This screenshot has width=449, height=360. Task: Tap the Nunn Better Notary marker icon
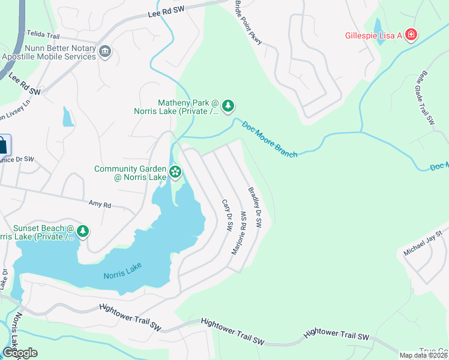(x=106, y=52)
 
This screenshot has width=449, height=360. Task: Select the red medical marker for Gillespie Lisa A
(x=411, y=35)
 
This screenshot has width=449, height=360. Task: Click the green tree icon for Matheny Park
(x=228, y=107)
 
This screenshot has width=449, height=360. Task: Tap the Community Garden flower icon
(x=175, y=173)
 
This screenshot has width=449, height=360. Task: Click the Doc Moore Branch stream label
(x=270, y=139)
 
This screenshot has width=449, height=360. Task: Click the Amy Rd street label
(x=100, y=205)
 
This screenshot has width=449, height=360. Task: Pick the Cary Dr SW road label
(x=228, y=216)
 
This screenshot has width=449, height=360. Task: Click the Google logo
(x=20, y=353)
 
